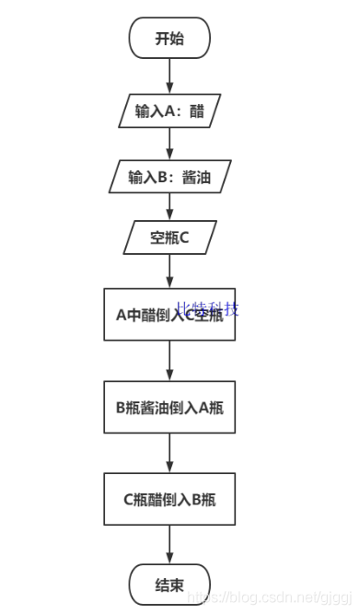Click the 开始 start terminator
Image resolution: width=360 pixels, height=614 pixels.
(169, 38)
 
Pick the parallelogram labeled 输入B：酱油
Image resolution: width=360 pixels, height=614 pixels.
(169, 176)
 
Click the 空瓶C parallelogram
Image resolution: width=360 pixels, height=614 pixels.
(169, 237)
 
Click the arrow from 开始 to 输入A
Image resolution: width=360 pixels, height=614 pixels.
(170, 75)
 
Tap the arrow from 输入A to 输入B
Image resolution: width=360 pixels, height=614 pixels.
(170, 144)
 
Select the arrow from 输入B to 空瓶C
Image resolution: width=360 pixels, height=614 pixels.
(170, 206)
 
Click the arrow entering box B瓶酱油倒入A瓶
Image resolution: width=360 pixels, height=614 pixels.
(170, 362)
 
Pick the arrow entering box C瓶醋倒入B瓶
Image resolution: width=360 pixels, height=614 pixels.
(170, 454)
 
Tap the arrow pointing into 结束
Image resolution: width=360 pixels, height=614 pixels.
(170, 546)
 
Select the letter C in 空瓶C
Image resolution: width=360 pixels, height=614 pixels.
(184, 237)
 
